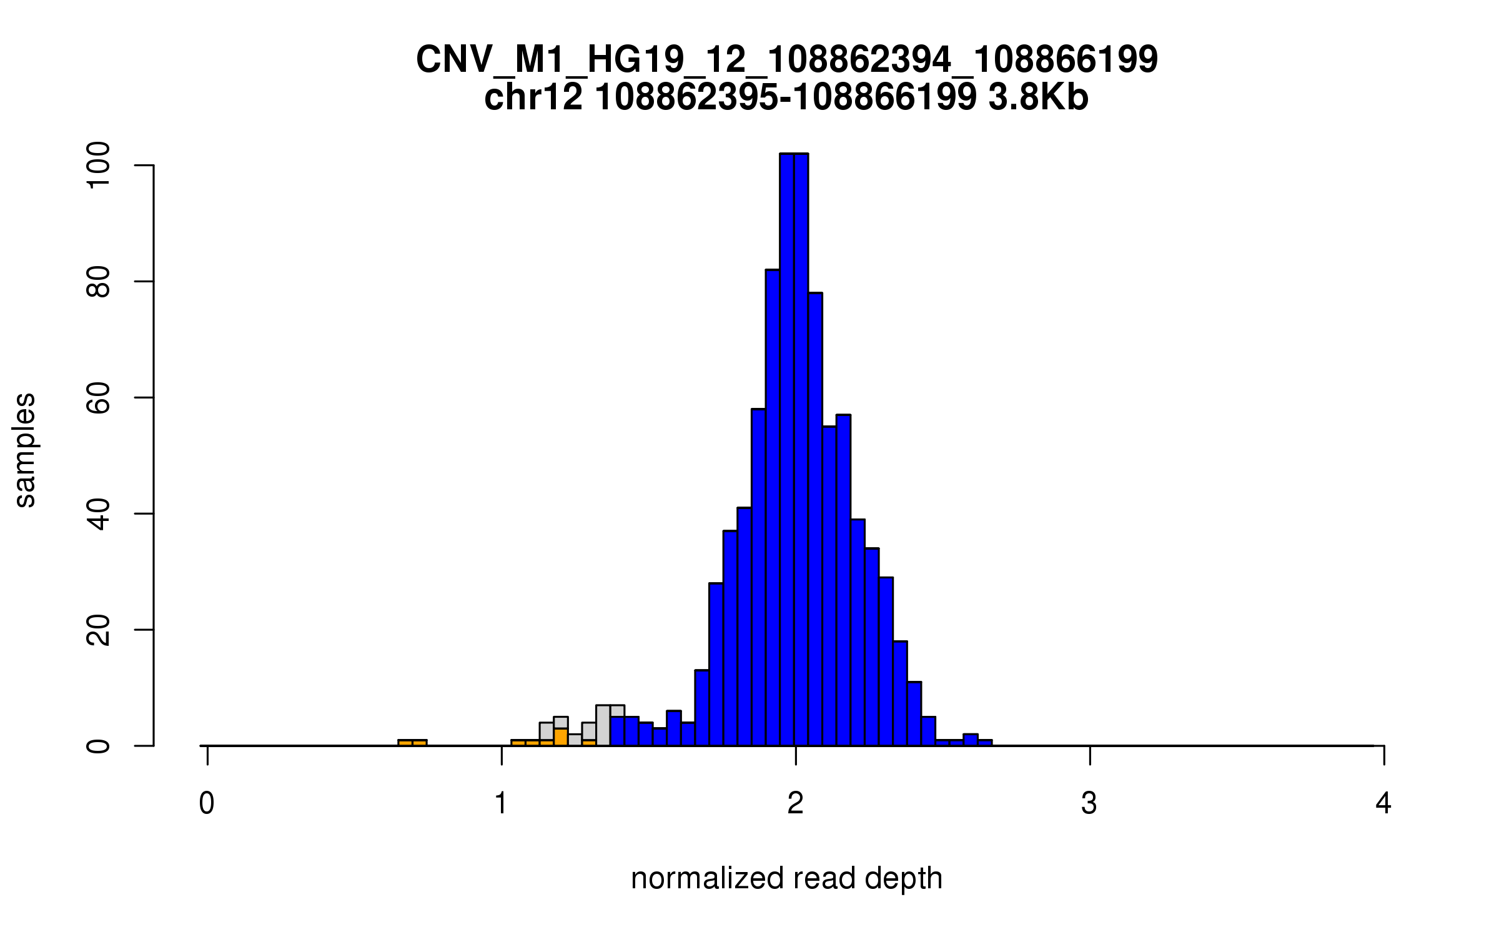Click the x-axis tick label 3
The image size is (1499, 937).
coord(1089,803)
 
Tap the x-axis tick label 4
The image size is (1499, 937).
coord(1383,803)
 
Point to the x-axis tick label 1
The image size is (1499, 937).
coord(501,803)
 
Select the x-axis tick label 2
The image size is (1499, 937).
coord(795,803)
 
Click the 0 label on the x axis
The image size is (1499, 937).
coord(207,803)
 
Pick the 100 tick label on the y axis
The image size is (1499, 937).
coord(99,165)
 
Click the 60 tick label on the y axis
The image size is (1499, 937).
coord(99,397)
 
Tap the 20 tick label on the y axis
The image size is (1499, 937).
coord(99,630)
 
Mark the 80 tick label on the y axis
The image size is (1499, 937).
coord(99,281)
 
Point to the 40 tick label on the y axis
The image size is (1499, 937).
coord(99,513)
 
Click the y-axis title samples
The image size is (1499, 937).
coord(25,450)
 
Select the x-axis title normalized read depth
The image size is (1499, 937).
coord(786,878)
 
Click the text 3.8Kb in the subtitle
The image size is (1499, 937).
coord(1038,97)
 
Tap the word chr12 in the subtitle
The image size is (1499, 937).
coord(533,97)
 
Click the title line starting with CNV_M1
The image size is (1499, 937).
coord(786,60)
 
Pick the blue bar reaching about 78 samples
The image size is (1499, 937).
coord(815,518)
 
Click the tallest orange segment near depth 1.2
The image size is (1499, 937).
coord(561,737)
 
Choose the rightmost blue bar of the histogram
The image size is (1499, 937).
coord(985,743)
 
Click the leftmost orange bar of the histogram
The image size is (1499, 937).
coord(405,743)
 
